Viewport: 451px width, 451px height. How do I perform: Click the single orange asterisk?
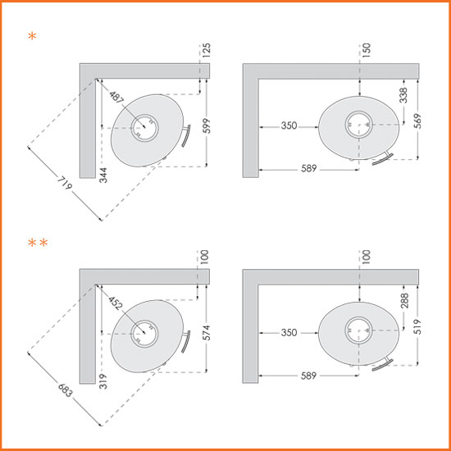[32, 36]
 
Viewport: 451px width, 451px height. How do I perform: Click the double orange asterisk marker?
[38, 243]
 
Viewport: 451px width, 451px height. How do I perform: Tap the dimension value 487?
[116, 97]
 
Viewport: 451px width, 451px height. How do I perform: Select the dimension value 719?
[65, 183]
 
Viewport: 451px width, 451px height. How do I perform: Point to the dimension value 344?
[103, 175]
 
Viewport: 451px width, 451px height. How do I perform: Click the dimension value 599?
[207, 125]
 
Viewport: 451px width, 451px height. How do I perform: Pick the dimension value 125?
[206, 50]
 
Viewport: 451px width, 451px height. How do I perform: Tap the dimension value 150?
[367, 50]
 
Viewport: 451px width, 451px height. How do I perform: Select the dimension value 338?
[403, 95]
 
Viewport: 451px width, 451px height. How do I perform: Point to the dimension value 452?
[116, 303]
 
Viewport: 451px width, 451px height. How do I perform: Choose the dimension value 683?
[65, 390]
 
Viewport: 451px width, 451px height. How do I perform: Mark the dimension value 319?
[103, 381]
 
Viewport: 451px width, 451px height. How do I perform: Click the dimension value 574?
[206, 332]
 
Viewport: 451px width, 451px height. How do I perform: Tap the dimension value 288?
[405, 301]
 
